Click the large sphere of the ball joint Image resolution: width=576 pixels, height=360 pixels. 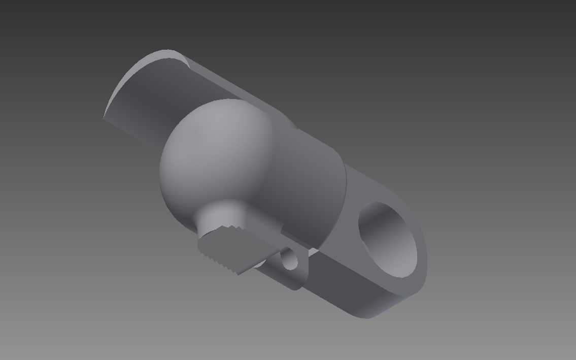213,152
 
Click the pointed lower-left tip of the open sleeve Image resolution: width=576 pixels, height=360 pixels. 105,118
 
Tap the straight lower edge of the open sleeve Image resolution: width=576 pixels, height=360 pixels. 132,132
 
